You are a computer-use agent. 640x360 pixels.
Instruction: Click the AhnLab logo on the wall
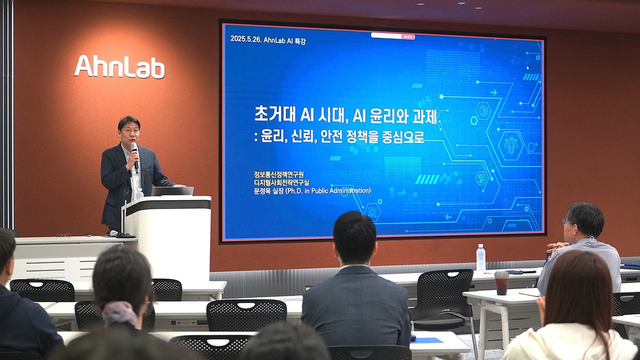(x=119, y=67)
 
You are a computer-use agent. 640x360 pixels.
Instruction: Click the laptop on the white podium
(x=172, y=191)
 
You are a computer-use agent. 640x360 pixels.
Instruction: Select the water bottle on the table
(x=480, y=258)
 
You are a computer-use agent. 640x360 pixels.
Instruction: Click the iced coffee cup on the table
(x=501, y=282)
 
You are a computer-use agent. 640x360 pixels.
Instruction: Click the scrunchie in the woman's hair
(x=119, y=313)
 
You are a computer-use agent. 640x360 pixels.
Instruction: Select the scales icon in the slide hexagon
(x=511, y=145)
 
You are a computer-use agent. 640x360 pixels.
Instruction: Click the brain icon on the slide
(x=483, y=110)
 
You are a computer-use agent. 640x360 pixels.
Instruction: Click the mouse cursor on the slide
(x=527, y=67)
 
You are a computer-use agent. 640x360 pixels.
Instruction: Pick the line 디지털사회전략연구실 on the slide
(x=281, y=182)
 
